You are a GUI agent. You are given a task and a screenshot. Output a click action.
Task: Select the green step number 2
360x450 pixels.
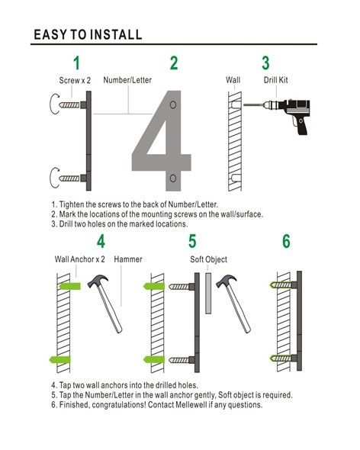[x=174, y=63]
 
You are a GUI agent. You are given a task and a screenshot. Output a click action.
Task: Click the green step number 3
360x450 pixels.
[x=265, y=63]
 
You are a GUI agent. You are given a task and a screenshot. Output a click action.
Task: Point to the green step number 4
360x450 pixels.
[x=101, y=242]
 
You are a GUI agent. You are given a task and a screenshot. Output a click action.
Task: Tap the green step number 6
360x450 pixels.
[x=286, y=242]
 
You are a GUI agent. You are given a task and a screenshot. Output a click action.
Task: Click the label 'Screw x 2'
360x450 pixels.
[x=75, y=79]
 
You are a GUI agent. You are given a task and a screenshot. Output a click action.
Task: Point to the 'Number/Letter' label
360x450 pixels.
[x=127, y=79]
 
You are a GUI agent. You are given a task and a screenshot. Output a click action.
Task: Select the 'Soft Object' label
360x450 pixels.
[x=208, y=259]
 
